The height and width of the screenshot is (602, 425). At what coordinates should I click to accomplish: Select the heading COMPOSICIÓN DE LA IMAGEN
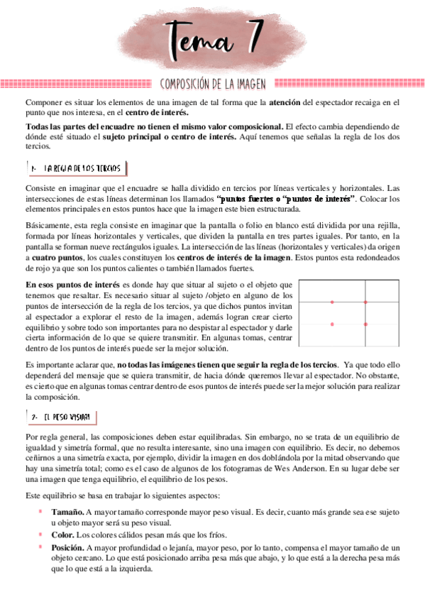[213, 84]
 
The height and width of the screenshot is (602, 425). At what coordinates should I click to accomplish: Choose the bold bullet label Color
[62, 536]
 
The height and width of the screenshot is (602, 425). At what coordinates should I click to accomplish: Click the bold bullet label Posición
[68, 549]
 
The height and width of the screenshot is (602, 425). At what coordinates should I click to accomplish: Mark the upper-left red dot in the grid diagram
[332, 302]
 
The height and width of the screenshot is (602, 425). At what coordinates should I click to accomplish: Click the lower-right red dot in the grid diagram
[365, 324]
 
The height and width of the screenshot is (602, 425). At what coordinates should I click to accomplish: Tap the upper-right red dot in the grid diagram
[365, 302]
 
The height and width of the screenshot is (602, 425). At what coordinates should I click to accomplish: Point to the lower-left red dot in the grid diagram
[332, 324]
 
